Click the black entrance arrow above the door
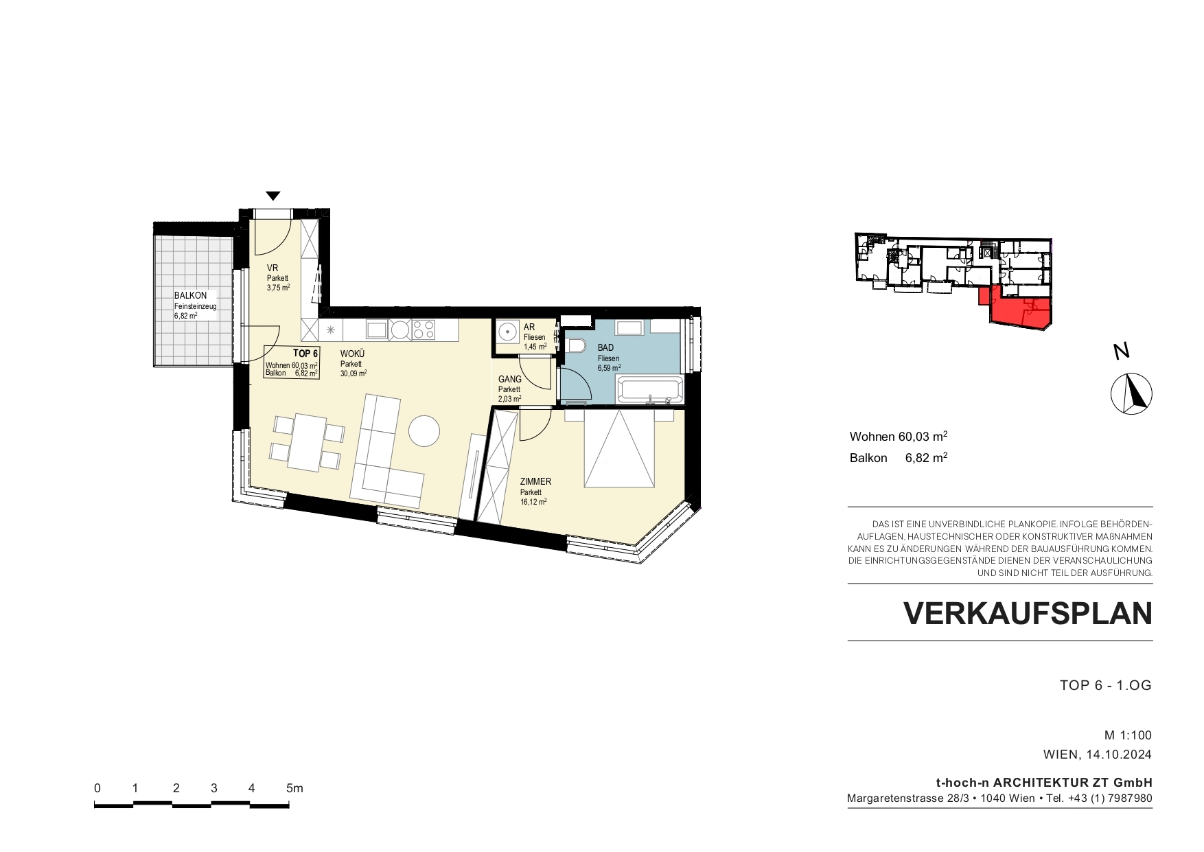(273, 196)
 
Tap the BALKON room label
(190, 296)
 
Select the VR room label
(273, 268)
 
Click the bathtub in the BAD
(649, 389)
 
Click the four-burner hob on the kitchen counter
(423, 330)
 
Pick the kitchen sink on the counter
(377, 330)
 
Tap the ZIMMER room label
(535, 482)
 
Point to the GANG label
(510, 379)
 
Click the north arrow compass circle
(1131, 394)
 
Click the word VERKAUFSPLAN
(1028, 614)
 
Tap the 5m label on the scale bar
(294, 788)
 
